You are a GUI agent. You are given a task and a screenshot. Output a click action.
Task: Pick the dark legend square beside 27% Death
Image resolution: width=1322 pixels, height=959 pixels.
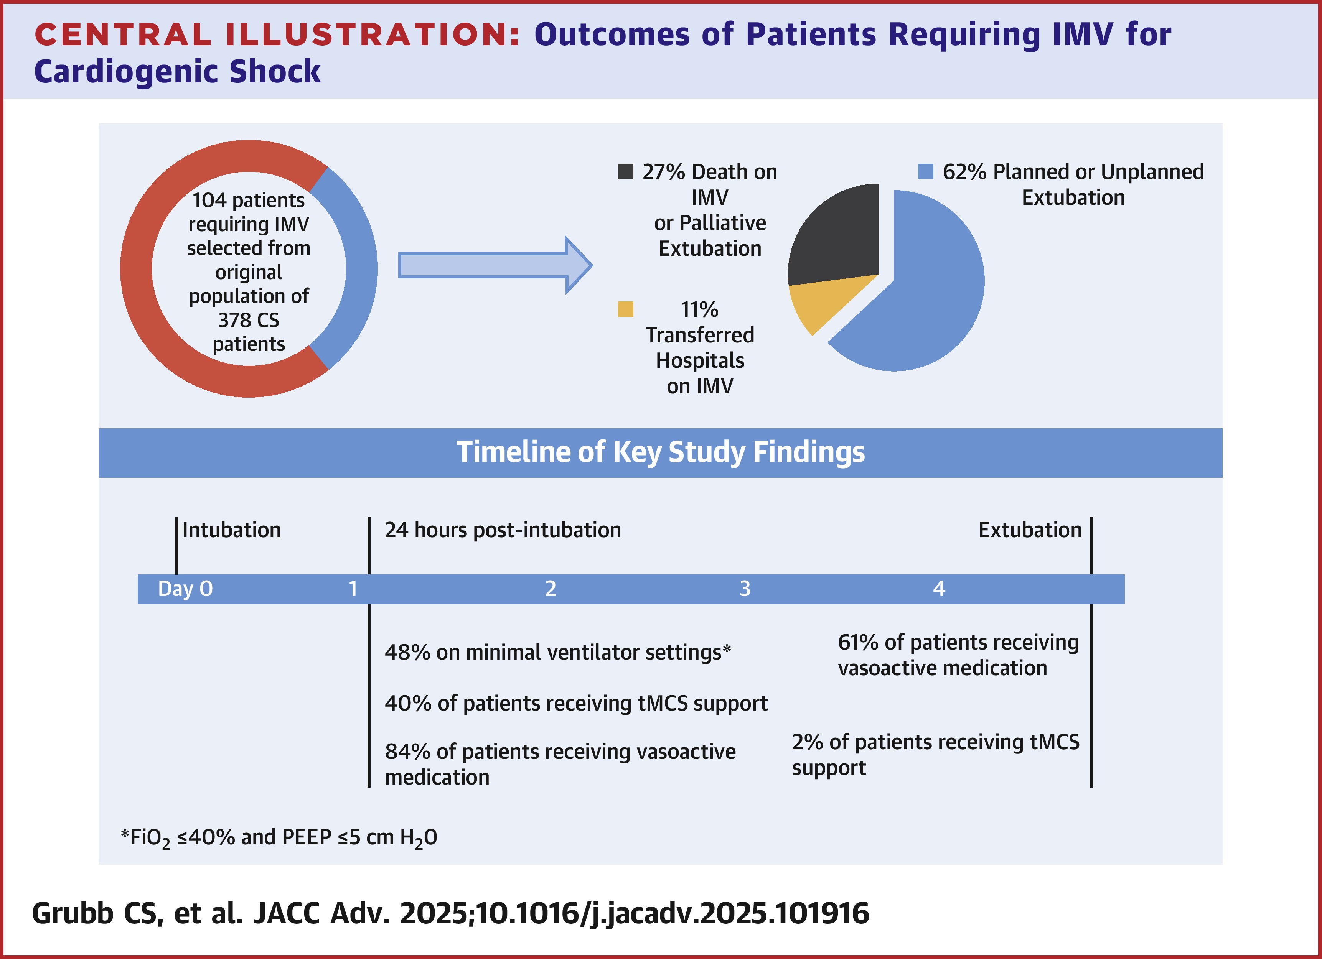(625, 171)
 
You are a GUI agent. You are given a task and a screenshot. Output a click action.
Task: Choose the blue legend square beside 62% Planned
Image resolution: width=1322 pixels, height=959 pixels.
(926, 171)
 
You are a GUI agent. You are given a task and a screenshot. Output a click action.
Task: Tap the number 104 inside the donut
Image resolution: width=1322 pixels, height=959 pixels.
(209, 201)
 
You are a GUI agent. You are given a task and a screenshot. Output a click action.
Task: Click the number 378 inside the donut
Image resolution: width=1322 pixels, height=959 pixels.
(232, 320)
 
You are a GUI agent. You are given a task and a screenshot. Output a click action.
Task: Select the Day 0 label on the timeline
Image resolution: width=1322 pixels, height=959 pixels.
(185, 589)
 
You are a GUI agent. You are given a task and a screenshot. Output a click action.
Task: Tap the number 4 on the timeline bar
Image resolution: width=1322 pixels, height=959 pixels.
(939, 589)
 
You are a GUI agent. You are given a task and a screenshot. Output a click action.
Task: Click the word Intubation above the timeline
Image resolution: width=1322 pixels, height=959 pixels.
(231, 530)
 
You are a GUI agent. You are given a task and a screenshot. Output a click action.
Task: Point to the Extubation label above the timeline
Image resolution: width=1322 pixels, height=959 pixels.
(1029, 530)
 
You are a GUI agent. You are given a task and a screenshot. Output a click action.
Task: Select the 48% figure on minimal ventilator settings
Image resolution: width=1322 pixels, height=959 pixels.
(407, 652)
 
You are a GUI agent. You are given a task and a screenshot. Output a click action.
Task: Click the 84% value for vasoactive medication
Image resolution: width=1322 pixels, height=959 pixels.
(407, 752)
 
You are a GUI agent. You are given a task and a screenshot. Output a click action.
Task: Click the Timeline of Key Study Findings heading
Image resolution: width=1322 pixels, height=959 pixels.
(660, 452)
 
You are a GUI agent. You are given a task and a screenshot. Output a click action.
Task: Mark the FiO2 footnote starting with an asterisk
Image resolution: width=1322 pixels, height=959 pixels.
(279, 837)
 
